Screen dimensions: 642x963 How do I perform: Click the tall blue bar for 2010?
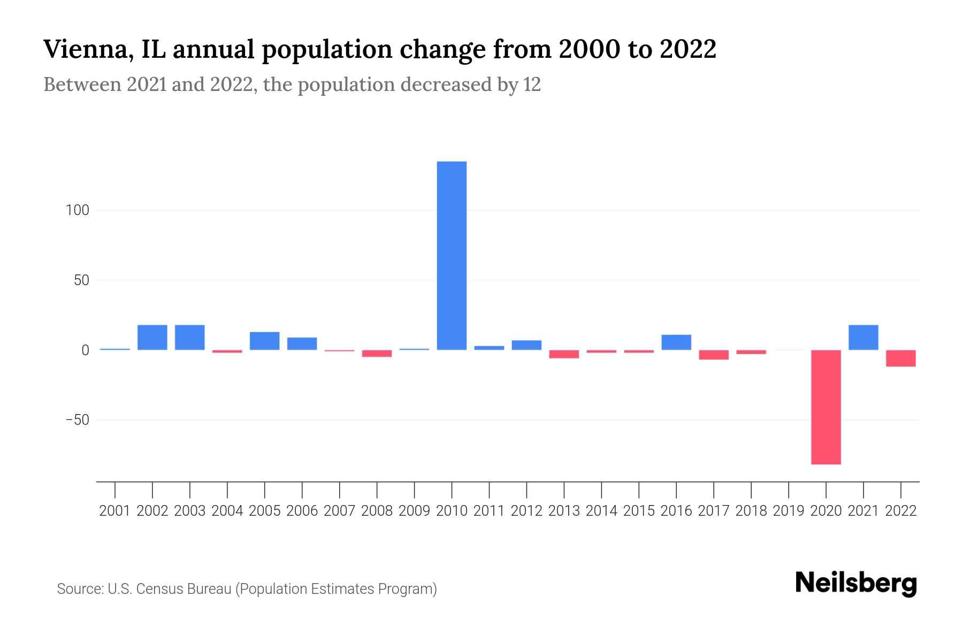click(x=452, y=256)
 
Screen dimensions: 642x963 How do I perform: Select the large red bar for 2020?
click(x=826, y=407)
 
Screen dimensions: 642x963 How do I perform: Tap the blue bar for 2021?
click(x=863, y=338)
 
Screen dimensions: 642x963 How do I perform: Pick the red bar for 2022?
click(x=900, y=358)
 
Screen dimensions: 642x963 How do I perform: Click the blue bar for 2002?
click(x=152, y=338)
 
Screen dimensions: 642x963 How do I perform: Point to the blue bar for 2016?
click(x=676, y=342)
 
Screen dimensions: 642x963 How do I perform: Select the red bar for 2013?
click(x=564, y=354)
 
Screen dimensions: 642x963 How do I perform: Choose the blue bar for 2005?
click(x=264, y=341)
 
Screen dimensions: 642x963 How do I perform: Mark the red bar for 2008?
click(x=377, y=354)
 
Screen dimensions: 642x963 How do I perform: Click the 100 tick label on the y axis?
click(x=78, y=210)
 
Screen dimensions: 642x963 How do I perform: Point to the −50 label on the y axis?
click(x=78, y=420)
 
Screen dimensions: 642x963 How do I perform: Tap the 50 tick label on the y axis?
click(x=81, y=280)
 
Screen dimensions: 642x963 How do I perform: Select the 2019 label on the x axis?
click(x=789, y=511)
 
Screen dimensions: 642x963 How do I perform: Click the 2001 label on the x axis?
click(x=115, y=511)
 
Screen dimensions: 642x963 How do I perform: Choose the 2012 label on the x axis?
click(x=526, y=511)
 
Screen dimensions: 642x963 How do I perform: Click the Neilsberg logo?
click(x=856, y=583)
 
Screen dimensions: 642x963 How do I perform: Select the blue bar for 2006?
click(x=302, y=343)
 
